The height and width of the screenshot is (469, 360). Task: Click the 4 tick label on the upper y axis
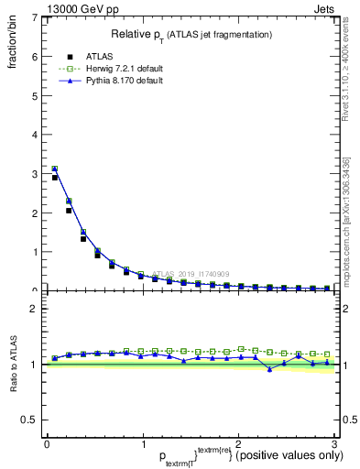(x=34, y=135)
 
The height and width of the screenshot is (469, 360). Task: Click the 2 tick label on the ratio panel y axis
(x=34, y=309)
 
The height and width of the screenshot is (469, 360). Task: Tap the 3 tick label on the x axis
(x=334, y=444)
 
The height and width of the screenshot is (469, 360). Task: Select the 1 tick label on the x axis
(x=142, y=444)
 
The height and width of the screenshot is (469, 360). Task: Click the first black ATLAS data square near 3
(x=55, y=178)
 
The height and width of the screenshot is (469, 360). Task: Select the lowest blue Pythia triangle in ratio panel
(x=269, y=369)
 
